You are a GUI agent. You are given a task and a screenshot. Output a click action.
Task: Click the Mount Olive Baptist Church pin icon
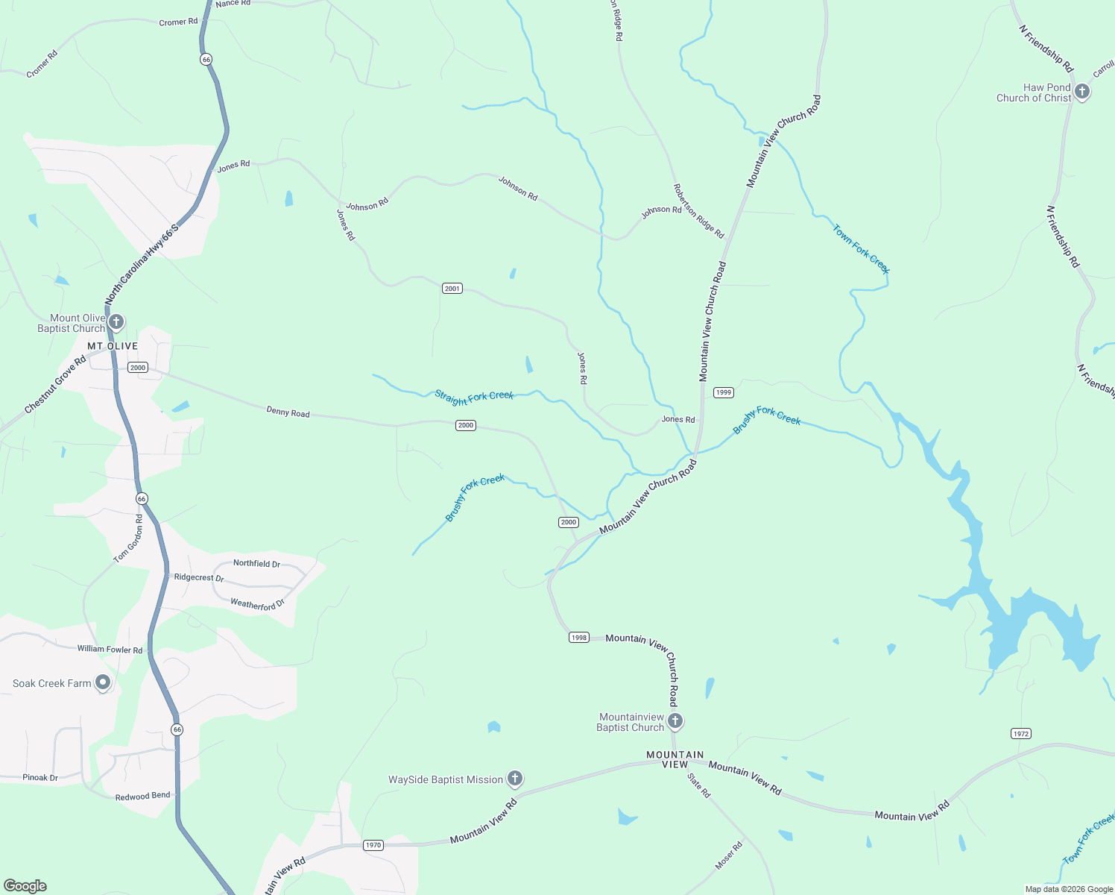coord(116,322)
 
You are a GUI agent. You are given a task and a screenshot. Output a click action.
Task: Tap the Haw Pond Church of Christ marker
coord(1082,92)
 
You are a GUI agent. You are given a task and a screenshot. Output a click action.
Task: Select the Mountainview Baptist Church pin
coord(675,720)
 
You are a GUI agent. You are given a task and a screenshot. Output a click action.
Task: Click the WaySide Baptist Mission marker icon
coord(514,779)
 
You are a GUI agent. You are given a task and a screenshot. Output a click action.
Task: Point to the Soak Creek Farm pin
coord(104,682)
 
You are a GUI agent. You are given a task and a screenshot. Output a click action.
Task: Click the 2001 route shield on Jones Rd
coord(452,289)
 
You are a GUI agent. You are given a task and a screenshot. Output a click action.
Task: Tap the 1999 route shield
coord(723,392)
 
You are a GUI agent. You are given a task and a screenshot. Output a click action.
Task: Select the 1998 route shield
coord(579,638)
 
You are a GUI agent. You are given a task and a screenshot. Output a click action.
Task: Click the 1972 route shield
coord(1021,734)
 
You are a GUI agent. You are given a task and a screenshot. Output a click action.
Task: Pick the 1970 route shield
coord(373,845)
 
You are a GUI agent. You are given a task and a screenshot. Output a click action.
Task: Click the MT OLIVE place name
coord(113,346)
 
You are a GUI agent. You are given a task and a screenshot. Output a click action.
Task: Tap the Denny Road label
coord(288,412)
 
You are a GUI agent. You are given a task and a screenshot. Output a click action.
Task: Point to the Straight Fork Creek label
coord(474,396)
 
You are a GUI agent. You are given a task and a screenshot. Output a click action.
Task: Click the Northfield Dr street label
coord(256,564)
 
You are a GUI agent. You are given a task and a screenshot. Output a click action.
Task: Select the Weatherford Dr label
coord(257,604)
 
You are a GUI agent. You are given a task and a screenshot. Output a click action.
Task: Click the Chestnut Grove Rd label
coord(55,385)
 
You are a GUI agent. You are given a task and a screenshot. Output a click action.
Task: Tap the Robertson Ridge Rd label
coord(698,211)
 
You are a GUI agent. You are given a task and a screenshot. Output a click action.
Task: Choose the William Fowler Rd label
coord(110,649)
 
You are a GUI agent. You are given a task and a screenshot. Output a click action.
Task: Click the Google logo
coord(25,886)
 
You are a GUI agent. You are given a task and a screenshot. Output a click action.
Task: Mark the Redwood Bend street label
coord(142,797)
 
